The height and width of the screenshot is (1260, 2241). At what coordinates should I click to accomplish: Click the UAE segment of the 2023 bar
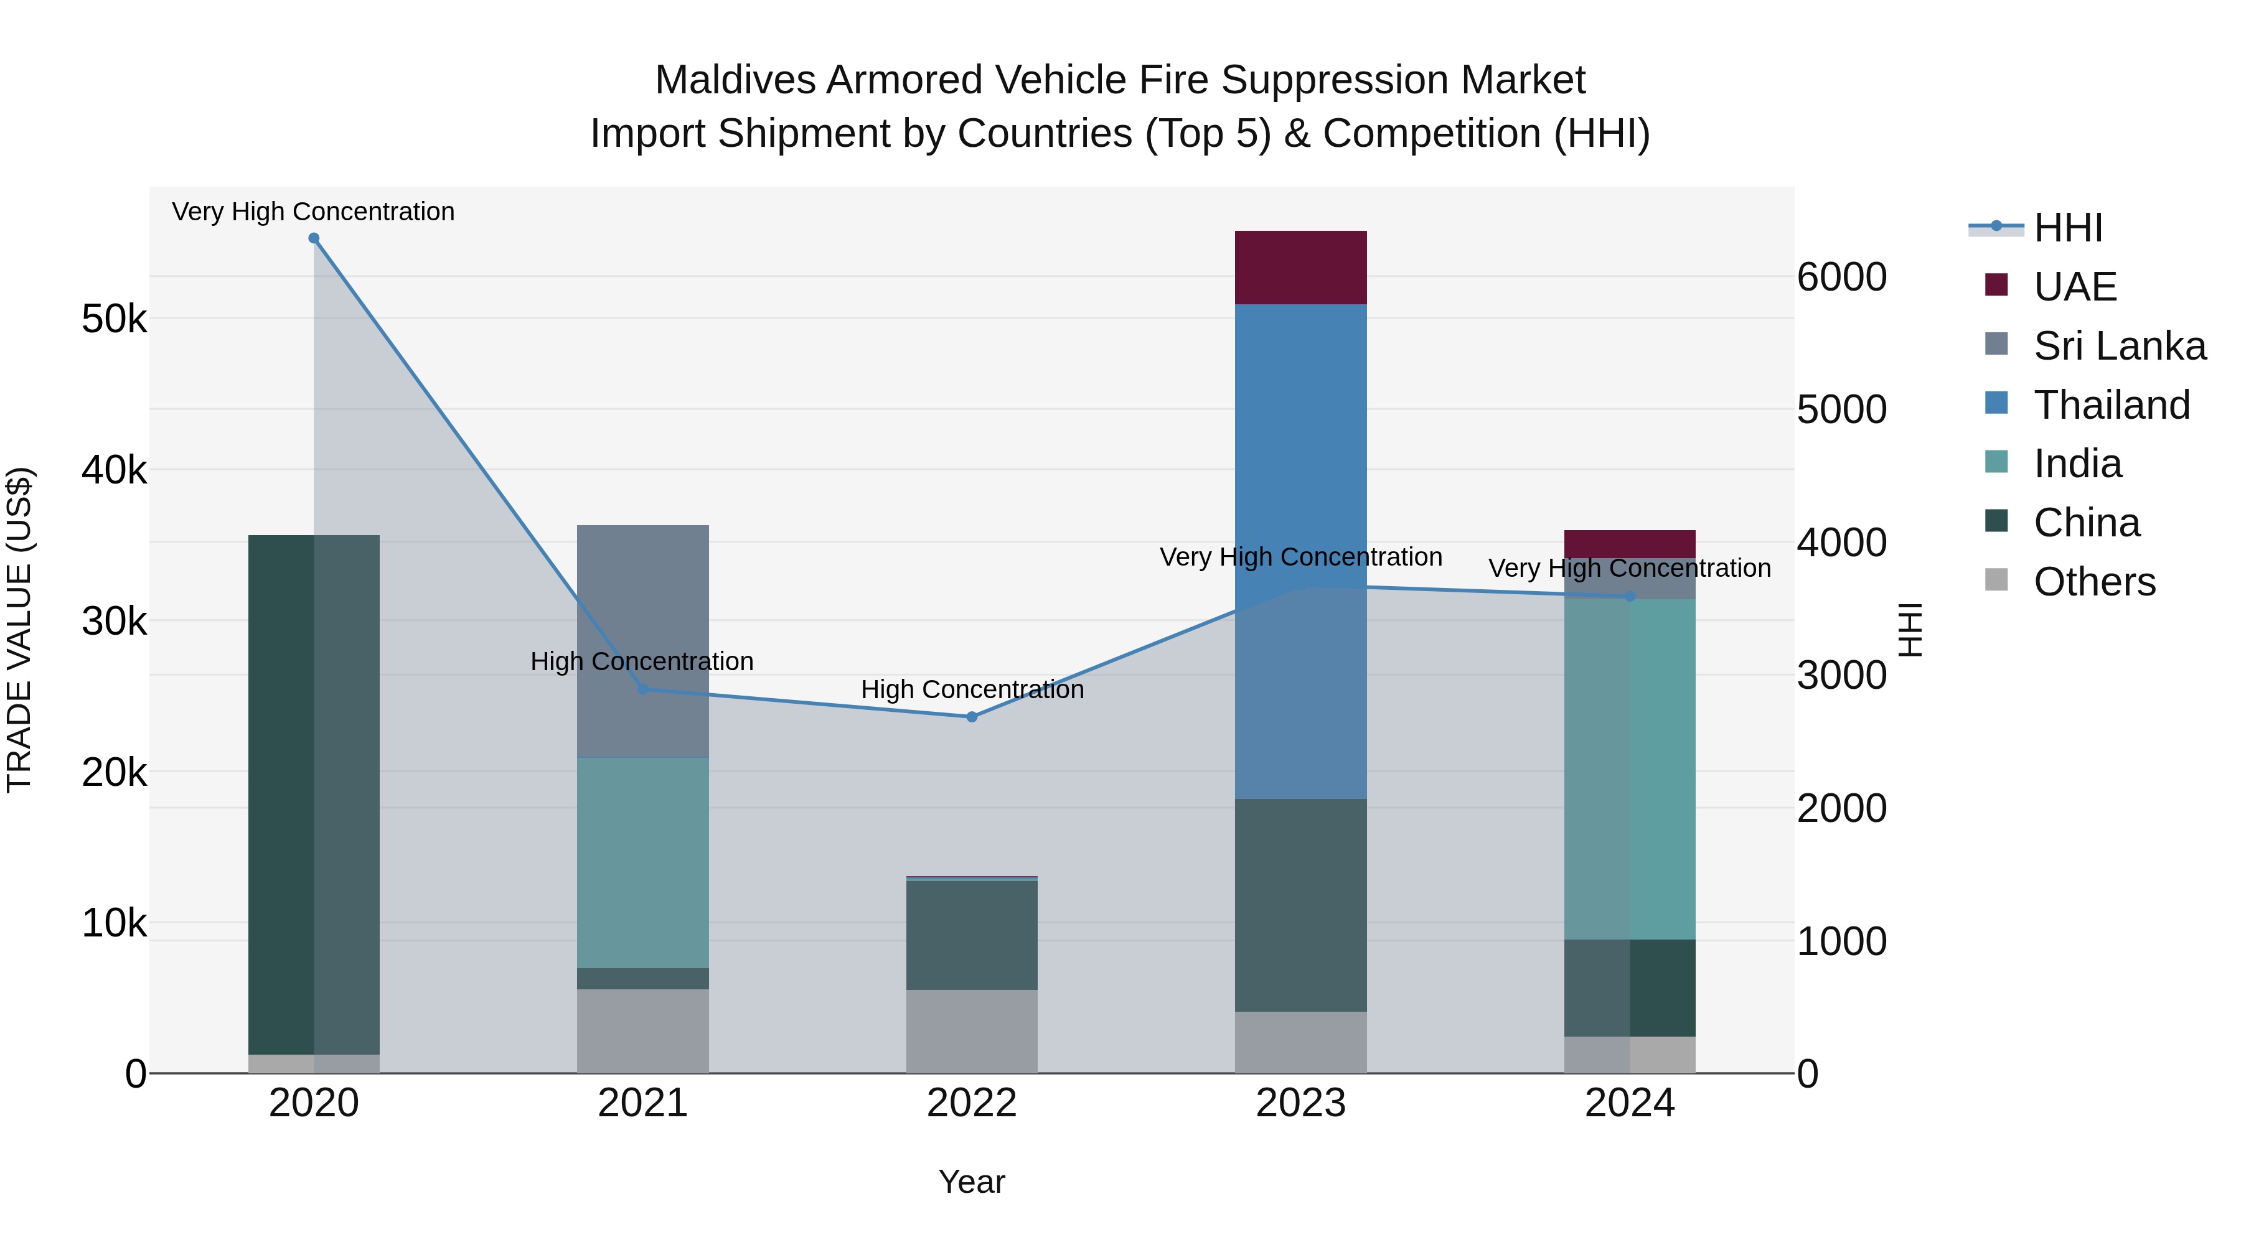click(x=1300, y=267)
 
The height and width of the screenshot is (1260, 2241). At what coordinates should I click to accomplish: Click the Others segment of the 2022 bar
click(x=972, y=1031)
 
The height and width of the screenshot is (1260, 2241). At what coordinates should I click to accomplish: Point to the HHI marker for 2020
click(x=314, y=238)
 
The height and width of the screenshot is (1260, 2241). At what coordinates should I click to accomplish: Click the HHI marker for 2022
click(x=972, y=717)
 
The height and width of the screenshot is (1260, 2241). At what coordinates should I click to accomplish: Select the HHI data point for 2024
click(x=1630, y=597)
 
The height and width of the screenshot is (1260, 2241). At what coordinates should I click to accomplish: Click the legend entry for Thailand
click(x=2112, y=405)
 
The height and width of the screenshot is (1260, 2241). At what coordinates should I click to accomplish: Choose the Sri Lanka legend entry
click(x=2119, y=346)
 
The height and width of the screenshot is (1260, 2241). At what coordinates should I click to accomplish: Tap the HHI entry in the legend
click(x=2068, y=228)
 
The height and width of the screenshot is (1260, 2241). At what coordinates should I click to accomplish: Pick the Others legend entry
click(x=2094, y=582)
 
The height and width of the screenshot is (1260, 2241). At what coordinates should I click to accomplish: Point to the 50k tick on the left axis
click(x=114, y=319)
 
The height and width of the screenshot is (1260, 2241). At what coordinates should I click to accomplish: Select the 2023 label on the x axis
click(x=1300, y=1103)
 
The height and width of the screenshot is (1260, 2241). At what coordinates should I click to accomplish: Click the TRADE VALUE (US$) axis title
click(x=19, y=630)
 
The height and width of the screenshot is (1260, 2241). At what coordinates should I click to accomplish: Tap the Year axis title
click(x=972, y=1182)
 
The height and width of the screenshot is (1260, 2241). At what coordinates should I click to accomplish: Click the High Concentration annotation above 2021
click(x=642, y=662)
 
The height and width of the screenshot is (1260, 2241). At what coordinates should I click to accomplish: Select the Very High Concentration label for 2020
click(x=313, y=212)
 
